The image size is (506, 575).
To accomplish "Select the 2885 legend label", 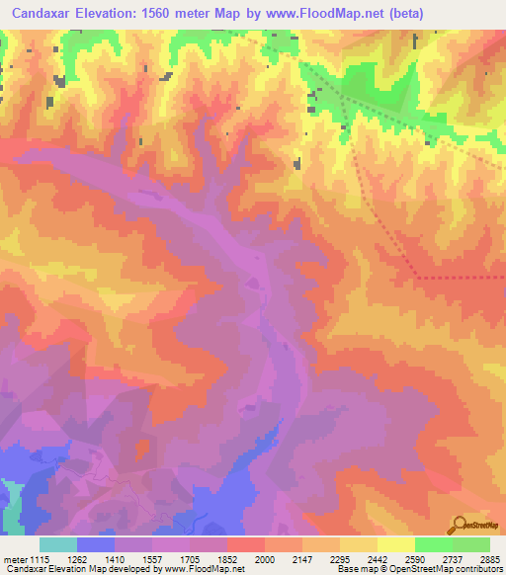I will click(x=488, y=559).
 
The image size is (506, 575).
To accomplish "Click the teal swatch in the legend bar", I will click(x=58, y=544).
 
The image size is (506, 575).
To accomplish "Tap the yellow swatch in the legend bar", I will click(x=395, y=544).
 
